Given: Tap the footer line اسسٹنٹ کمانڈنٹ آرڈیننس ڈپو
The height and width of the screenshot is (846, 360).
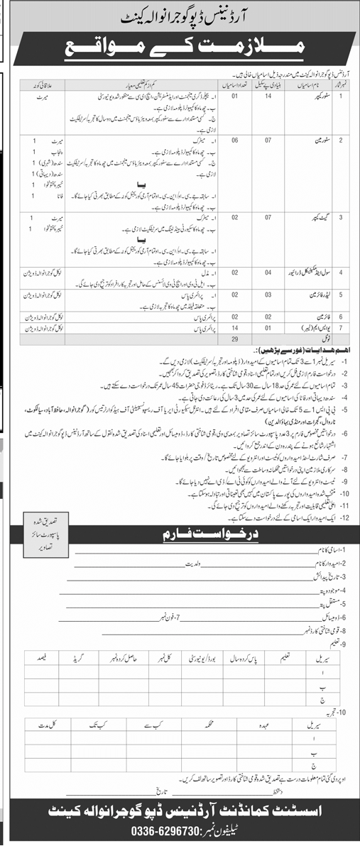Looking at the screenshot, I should point(180,808).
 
